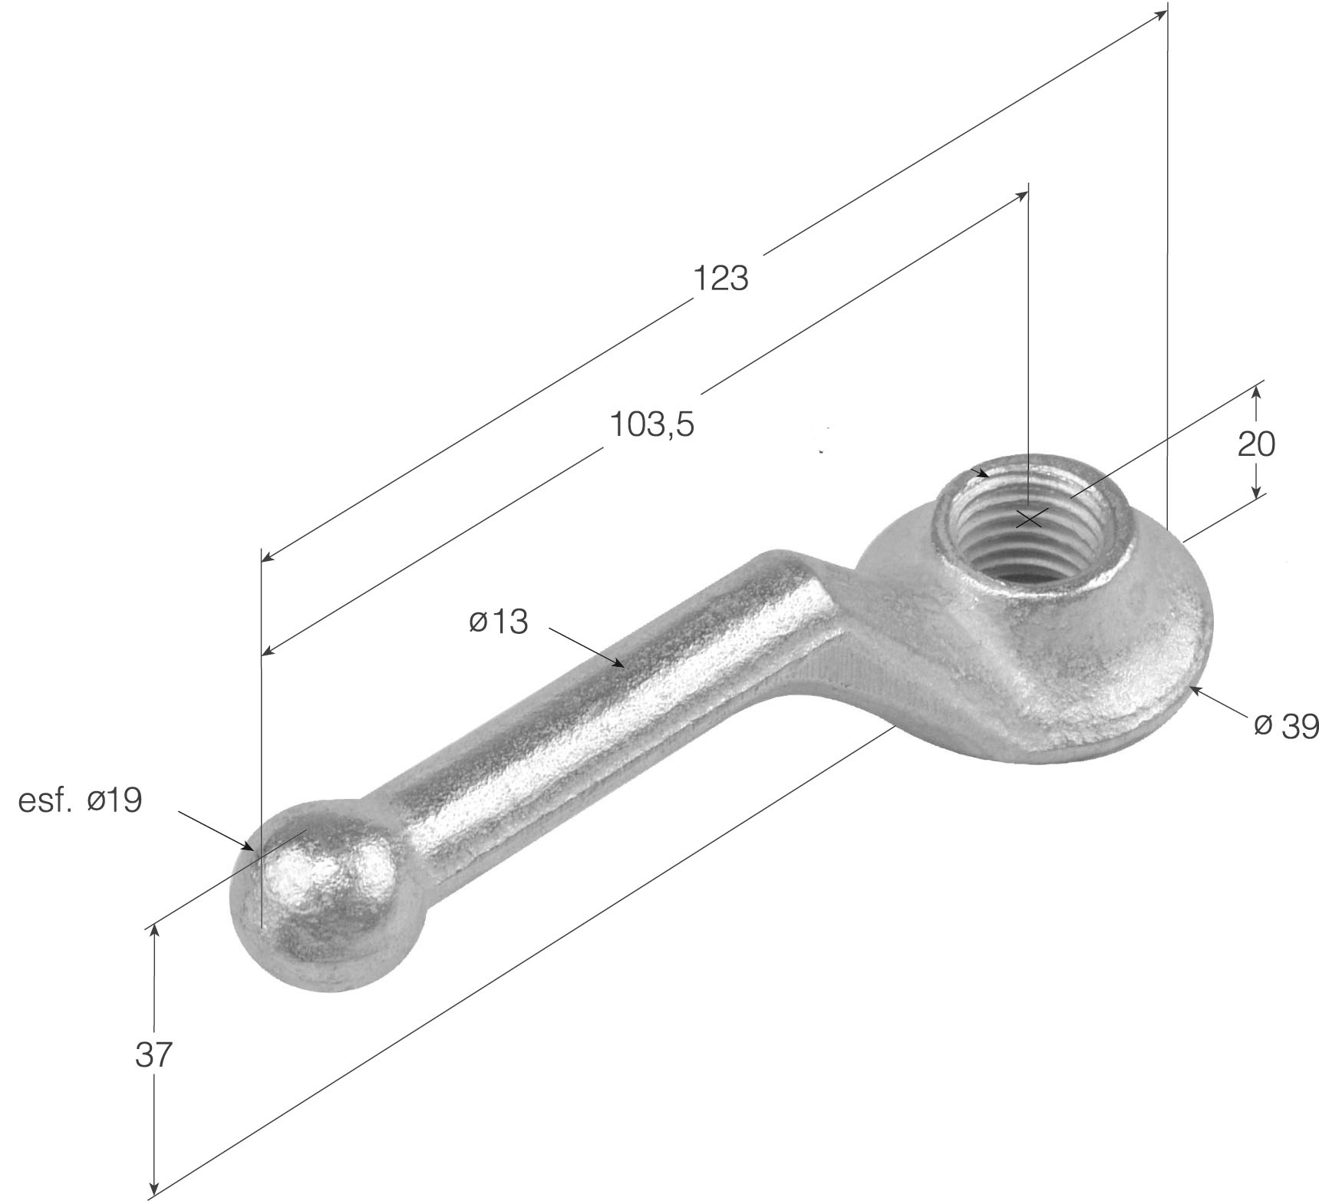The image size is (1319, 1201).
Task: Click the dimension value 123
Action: tap(720, 278)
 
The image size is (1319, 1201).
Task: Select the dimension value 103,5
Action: tap(652, 424)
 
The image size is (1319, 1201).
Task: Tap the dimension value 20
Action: tap(1256, 444)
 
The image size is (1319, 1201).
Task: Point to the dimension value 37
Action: tap(155, 1056)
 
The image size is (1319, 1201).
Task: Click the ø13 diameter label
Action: tap(499, 622)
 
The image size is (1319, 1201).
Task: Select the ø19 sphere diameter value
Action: tap(114, 800)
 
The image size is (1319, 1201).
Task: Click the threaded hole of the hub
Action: tap(1030, 527)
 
